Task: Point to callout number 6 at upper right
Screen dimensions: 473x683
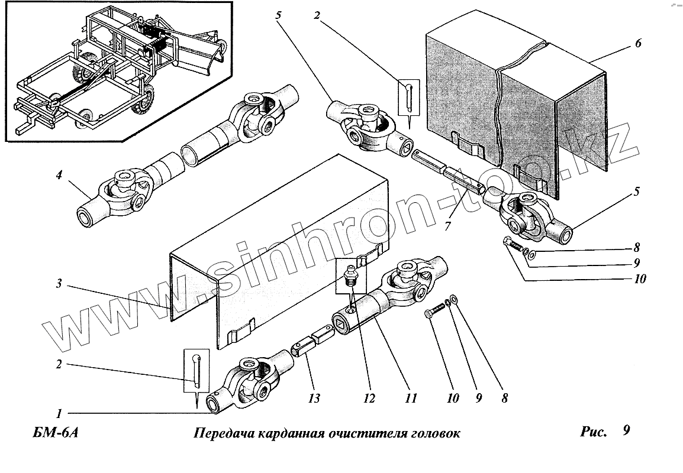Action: pos(637,44)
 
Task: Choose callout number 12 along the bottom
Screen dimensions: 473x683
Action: pos(369,399)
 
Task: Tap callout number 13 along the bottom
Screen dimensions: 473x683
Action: pos(314,399)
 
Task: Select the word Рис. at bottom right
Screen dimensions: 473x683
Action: pos(594,432)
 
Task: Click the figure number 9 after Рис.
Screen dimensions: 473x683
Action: pos(627,431)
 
